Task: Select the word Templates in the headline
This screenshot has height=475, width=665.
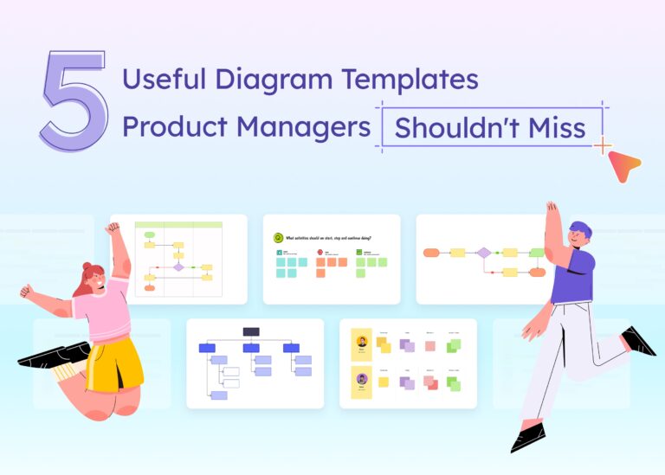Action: pos(410,80)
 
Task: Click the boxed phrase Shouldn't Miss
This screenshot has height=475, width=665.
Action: pos(490,128)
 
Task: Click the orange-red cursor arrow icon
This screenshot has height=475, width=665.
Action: pos(623,164)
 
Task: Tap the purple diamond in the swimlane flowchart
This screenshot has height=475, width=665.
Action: pos(178,267)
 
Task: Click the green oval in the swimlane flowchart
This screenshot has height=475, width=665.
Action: pos(150,234)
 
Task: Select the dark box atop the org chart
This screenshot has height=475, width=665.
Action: pos(251,331)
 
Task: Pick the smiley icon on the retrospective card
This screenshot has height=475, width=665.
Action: pos(278,237)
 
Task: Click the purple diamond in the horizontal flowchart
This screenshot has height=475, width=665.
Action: pos(484,253)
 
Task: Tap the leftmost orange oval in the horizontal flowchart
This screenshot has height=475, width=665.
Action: pos(431,253)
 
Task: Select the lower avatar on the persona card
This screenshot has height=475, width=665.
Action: pos(361,379)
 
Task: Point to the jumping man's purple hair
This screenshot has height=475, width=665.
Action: pos(583,230)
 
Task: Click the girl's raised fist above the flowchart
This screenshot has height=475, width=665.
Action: pos(113,228)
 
